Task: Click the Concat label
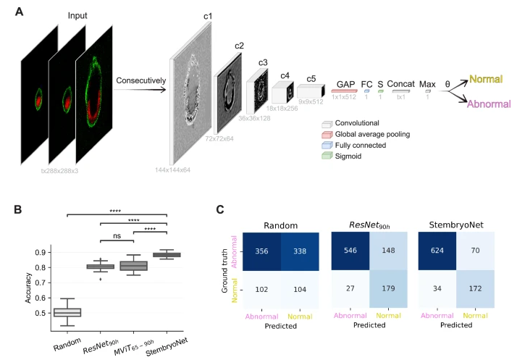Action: coord(400,83)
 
